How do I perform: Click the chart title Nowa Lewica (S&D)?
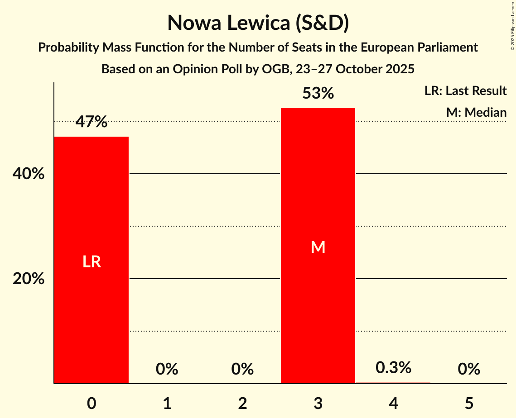[x=258, y=23]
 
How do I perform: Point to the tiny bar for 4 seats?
[x=393, y=383]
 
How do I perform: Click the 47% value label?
[x=92, y=122]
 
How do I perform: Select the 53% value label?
[x=318, y=94]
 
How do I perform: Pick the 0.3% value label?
[x=393, y=368]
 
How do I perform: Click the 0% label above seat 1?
[x=167, y=369]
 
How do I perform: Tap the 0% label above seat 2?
[x=242, y=369]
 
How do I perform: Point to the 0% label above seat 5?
[x=469, y=369]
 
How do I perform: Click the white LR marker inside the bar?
[x=92, y=261]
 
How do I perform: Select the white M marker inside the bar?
[x=318, y=247]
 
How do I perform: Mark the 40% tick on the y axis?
[x=29, y=174]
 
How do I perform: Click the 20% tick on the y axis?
[x=29, y=279]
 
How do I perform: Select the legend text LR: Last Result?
[x=465, y=91]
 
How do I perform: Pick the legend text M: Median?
[x=476, y=112]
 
